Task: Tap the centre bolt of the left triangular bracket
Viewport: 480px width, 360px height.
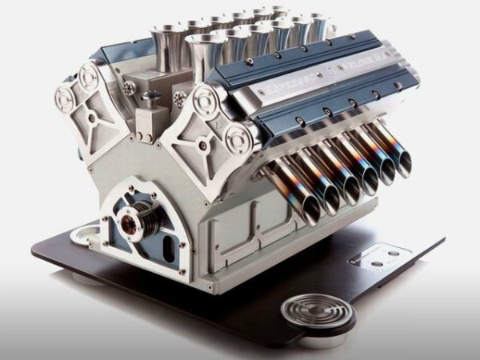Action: (x=93, y=118)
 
